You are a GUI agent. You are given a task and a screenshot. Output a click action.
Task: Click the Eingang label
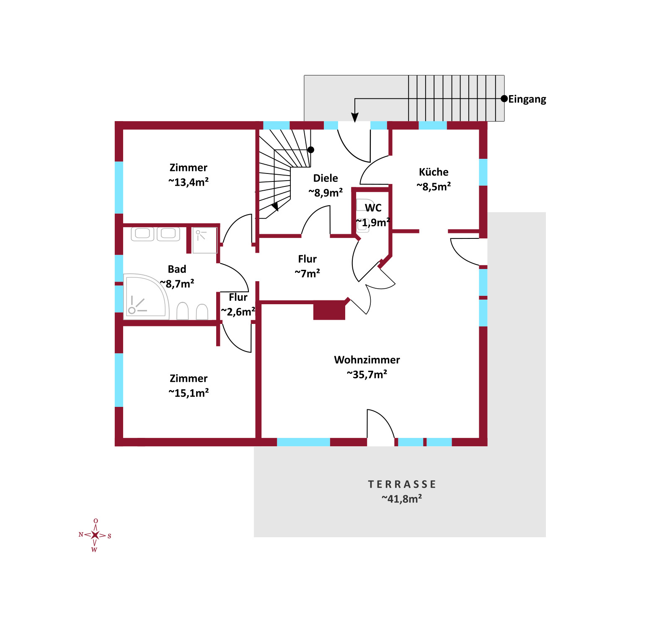coord(527,99)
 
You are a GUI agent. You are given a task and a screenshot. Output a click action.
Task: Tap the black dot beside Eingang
coord(504,99)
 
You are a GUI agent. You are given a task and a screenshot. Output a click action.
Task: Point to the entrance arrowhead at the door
coord(355,117)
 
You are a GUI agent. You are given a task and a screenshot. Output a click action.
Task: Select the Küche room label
coord(434,172)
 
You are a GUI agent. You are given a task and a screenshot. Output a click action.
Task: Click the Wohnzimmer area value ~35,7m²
coord(367,374)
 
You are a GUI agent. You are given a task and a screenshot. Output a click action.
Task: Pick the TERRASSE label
coord(402,484)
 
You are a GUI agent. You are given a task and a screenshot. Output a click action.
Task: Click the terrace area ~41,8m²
coord(402,499)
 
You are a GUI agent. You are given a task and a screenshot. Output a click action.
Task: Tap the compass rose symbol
coord(95,535)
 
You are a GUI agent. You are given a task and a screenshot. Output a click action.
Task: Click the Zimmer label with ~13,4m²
coord(189,168)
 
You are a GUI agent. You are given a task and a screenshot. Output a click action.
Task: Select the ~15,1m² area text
coord(189,393)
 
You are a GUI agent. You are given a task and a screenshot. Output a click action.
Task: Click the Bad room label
coord(177,269)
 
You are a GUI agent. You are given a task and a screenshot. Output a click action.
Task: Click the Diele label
coord(326,178)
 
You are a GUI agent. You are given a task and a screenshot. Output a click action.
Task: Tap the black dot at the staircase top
coord(311,150)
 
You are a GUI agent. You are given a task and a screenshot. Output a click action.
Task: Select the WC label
coord(373,208)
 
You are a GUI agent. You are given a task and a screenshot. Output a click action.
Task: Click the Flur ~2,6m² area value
coord(238,312)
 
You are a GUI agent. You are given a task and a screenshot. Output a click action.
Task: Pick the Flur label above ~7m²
coord(308,259)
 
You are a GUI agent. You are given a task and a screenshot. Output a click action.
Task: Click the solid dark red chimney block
coord(329,311)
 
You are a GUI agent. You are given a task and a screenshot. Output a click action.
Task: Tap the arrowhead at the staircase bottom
coord(275,207)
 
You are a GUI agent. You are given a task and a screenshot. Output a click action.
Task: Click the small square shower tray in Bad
coord(204,241)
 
